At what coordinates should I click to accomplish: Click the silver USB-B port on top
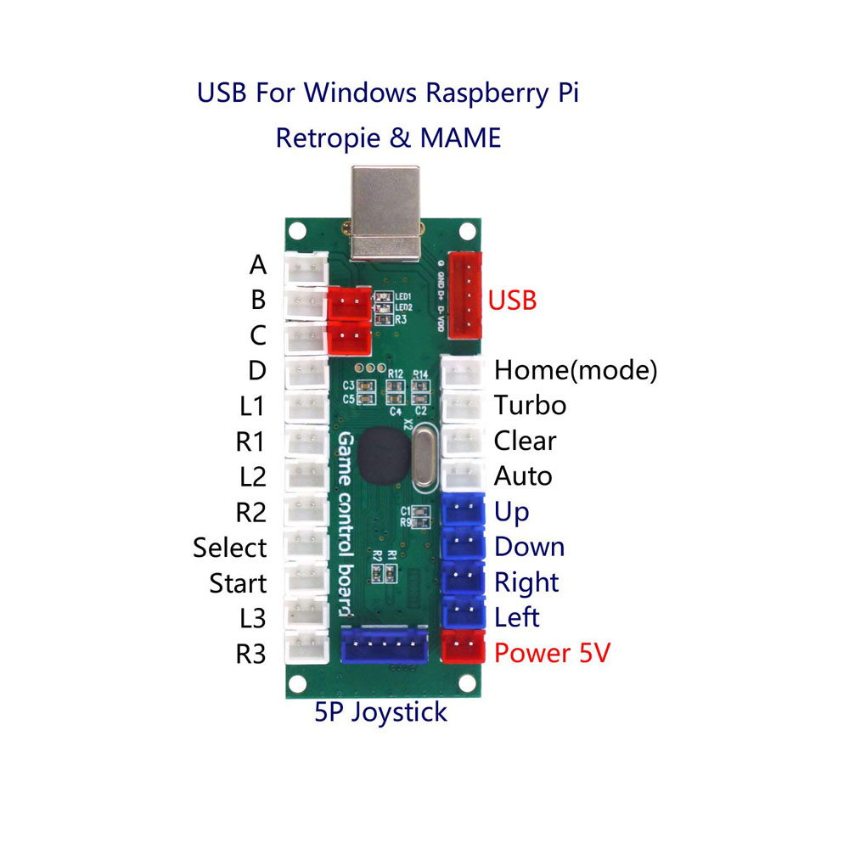[x=387, y=212]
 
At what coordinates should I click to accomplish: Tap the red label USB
[x=512, y=300]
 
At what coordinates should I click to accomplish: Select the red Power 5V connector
[x=463, y=649]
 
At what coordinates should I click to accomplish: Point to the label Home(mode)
[x=576, y=370]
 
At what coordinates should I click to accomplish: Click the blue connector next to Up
[x=463, y=510]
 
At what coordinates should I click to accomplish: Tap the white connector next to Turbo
[x=463, y=405]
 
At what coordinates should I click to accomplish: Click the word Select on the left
[x=229, y=548]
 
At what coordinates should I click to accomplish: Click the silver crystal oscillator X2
[x=424, y=458]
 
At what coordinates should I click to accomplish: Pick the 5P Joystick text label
[x=380, y=711]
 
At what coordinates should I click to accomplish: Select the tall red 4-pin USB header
[x=464, y=295]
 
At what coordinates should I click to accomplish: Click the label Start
[x=238, y=583]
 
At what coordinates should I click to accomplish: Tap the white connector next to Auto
[x=463, y=475]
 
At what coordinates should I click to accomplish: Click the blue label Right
[x=526, y=582]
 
